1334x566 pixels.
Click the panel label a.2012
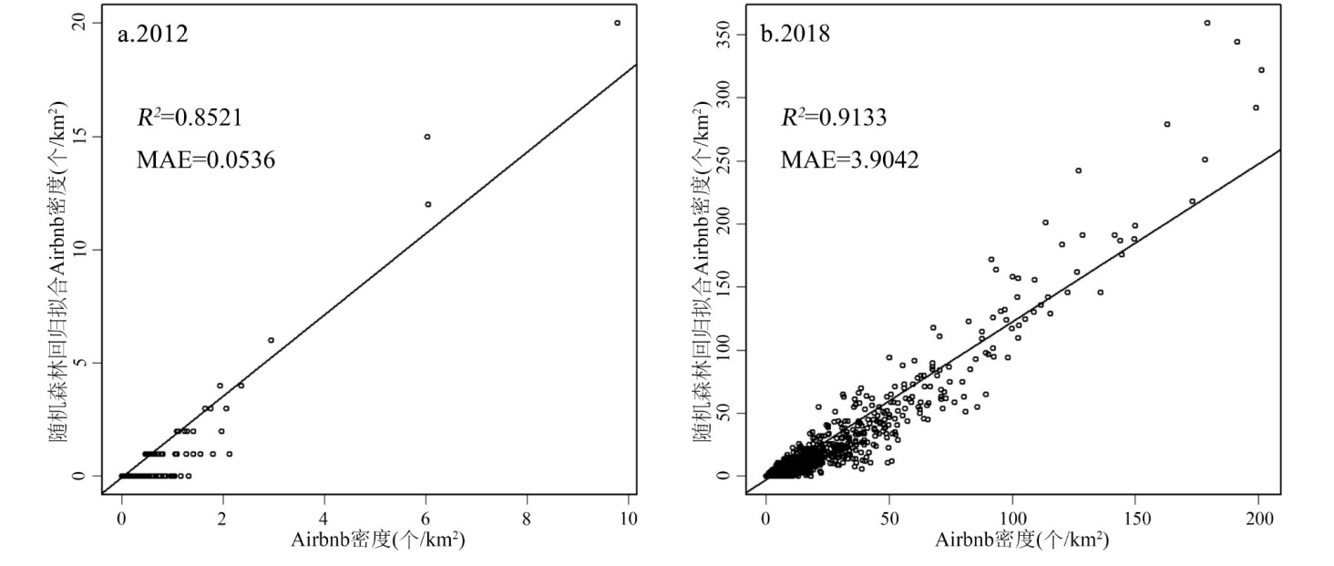tap(153, 36)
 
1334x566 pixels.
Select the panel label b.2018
tap(795, 36)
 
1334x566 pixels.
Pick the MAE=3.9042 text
tap(849, 160)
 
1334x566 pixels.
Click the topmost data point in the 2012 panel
tap(617, 23)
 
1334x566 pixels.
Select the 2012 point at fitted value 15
tap(426, 137)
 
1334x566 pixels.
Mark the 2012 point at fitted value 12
tap(427, 204)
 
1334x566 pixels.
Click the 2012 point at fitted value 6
tap(271, 340)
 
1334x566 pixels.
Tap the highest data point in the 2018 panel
tap(1206, 23)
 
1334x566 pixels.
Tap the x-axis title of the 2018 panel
tap(1021, 540)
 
